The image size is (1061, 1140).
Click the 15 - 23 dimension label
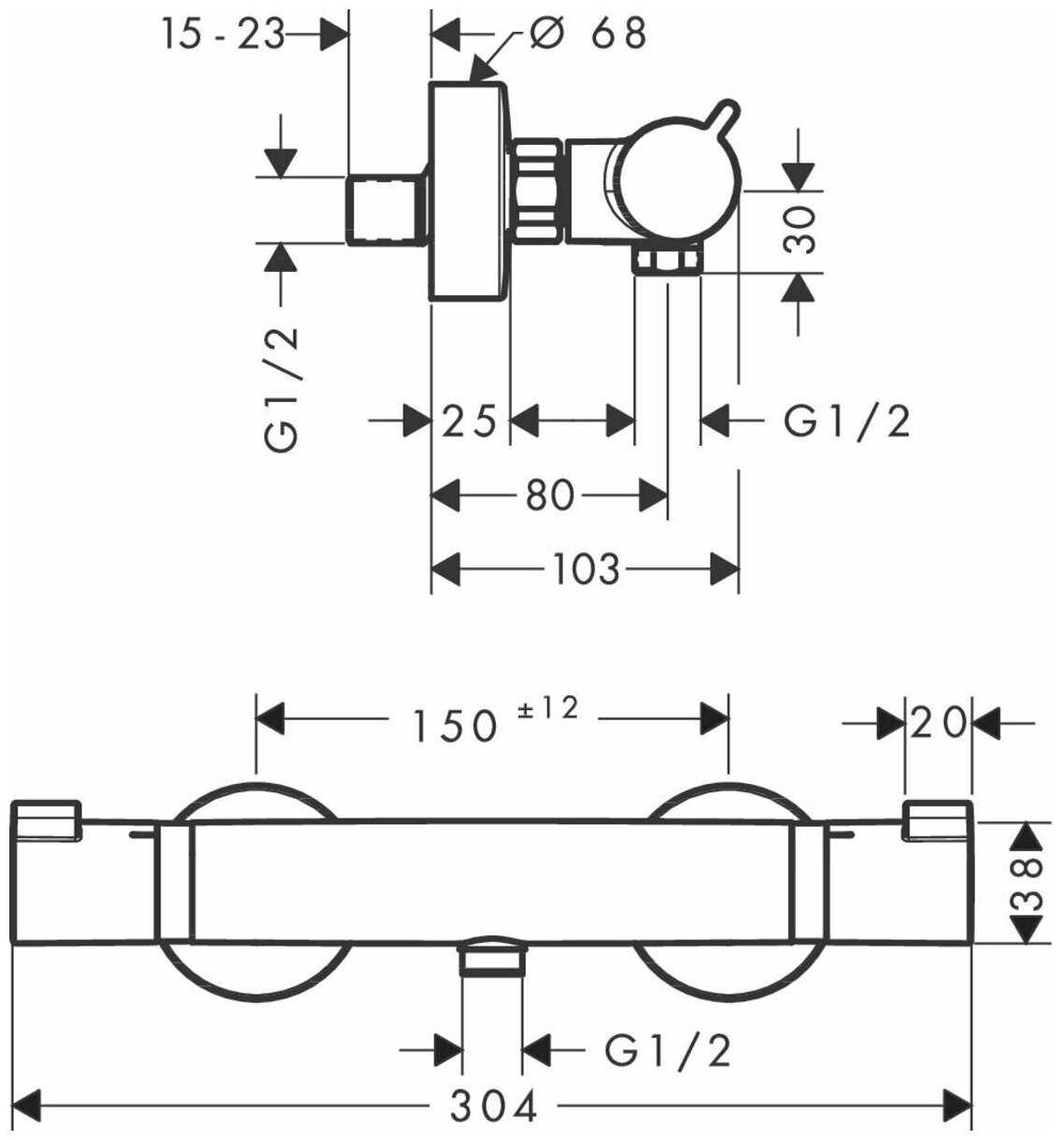221,36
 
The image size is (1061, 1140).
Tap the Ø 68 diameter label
587,34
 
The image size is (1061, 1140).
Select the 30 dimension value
800,230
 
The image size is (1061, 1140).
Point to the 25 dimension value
469,422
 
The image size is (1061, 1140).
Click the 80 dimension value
550,494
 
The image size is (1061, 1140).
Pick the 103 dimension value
586,568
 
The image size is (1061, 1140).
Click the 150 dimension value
456,724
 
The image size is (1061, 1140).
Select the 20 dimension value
939,722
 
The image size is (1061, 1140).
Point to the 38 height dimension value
1029,882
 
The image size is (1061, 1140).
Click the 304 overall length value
495,1108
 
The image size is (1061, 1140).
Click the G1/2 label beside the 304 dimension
668,1052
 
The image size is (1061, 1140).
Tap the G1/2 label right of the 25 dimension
846,422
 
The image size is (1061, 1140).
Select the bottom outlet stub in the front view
493,960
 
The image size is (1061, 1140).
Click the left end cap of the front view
47,874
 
